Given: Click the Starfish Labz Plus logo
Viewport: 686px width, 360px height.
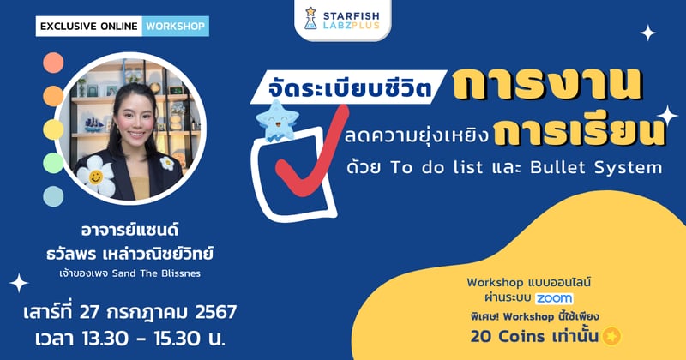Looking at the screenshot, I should tap(342, 19).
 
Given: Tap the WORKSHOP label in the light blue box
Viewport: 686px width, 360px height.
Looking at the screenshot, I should tap(175, 26).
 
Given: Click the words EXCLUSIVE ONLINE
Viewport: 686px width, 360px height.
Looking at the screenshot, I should tap(88, 26).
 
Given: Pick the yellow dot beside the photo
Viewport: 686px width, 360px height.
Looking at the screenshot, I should tap(52, 129).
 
